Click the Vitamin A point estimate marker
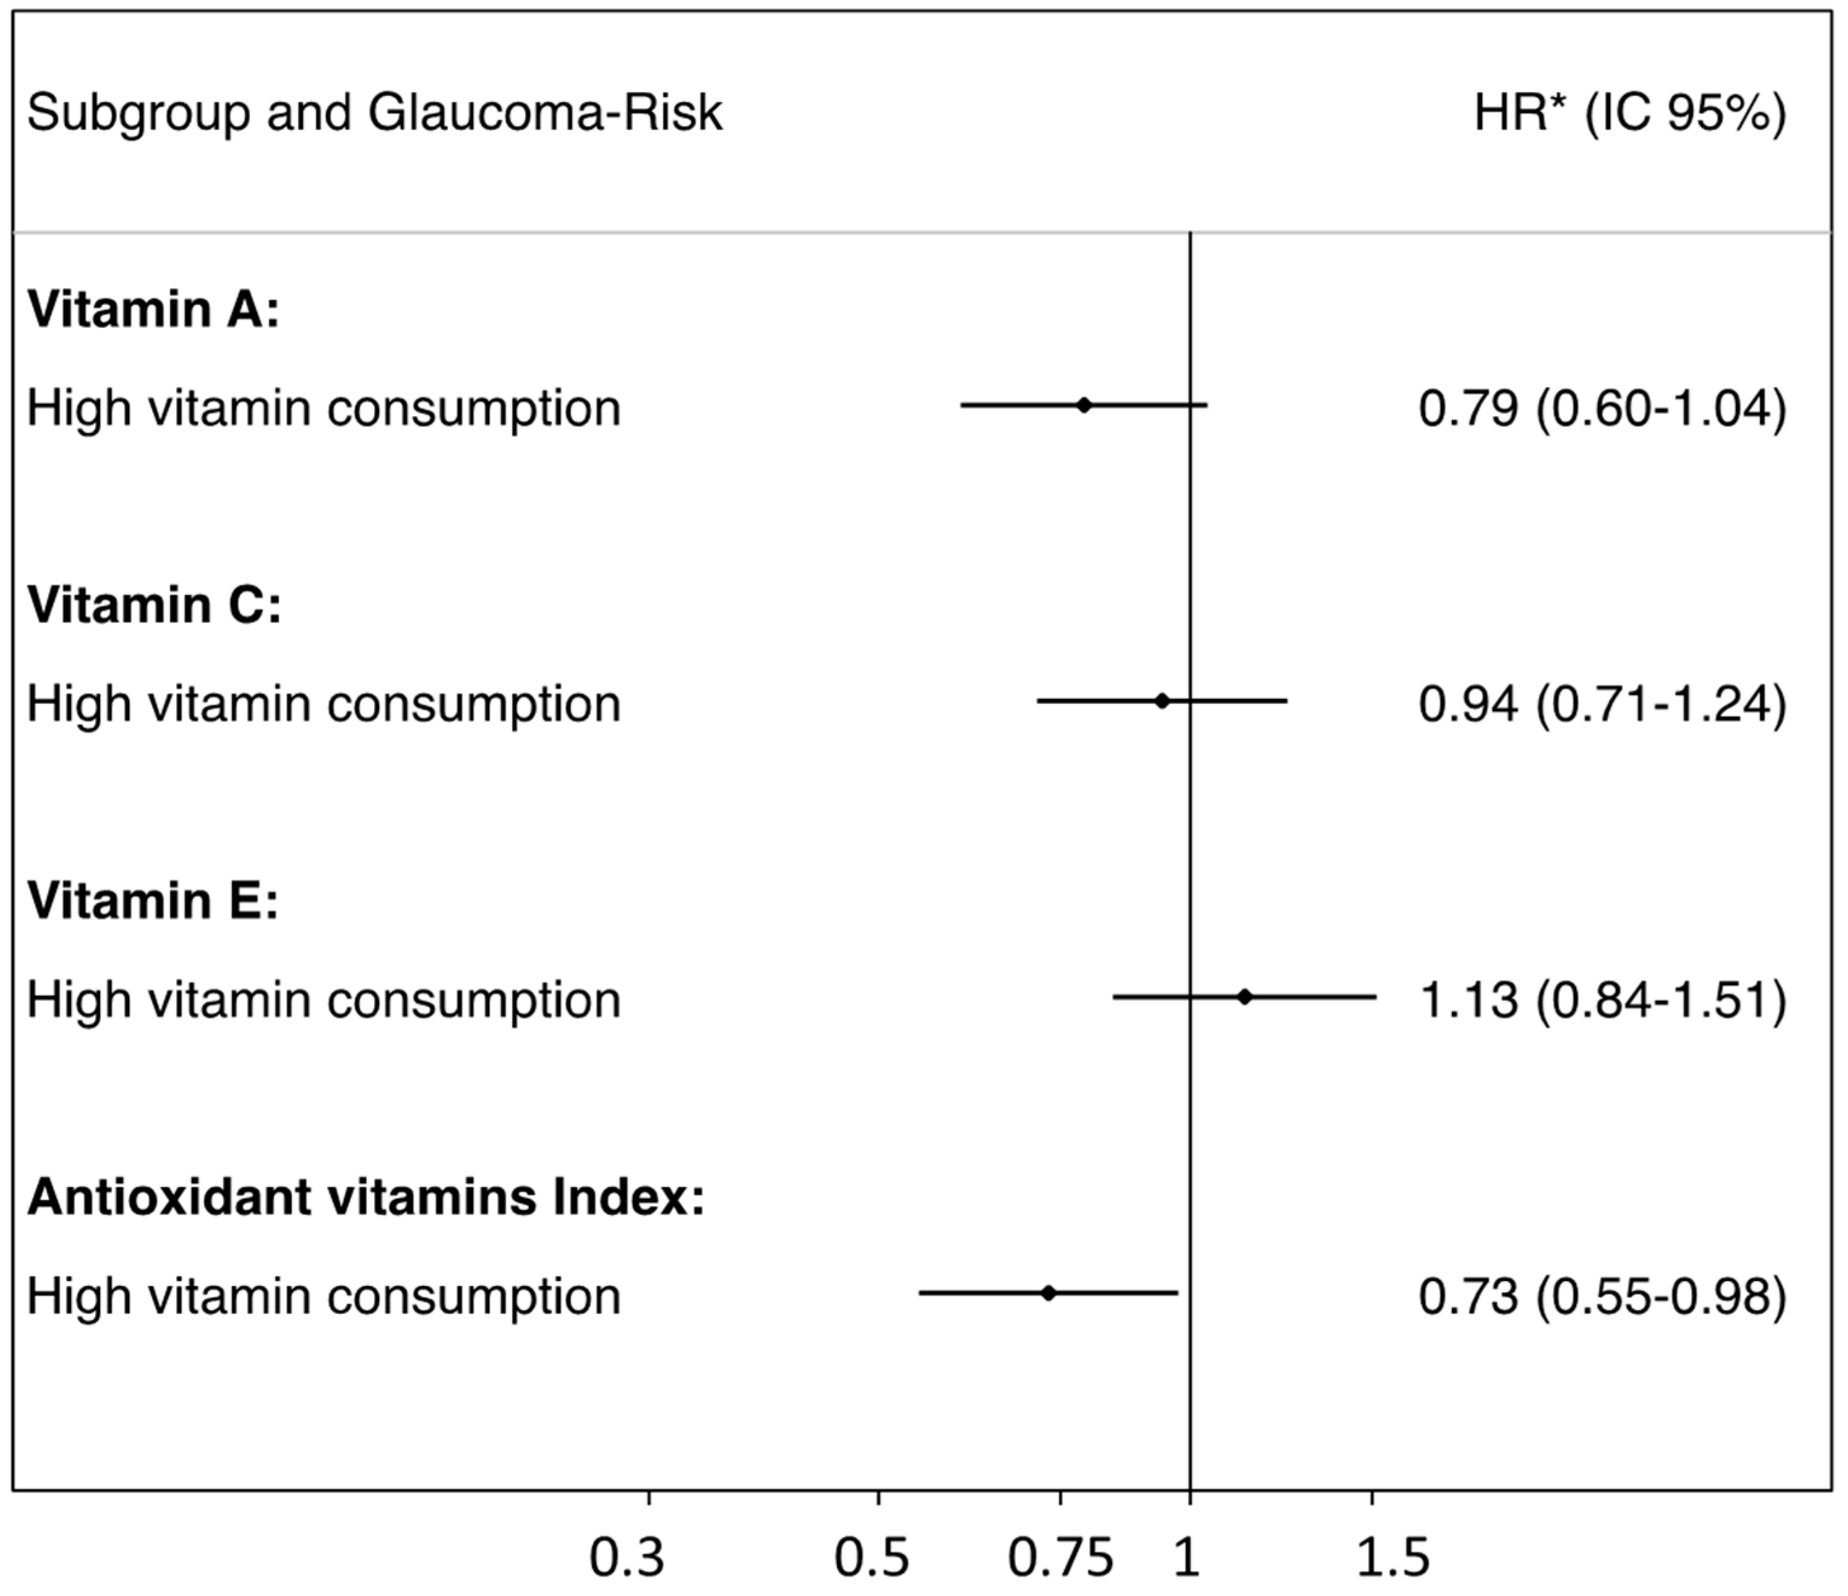point(1083,405)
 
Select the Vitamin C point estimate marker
point(1161,701)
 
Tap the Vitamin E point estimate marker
point(1244,997)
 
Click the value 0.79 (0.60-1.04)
point(1602,408)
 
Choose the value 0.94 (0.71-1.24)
point(1602,704)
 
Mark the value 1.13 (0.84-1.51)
point(1602,1000)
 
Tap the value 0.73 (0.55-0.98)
point(1602,1296)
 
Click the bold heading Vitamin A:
point(153,309)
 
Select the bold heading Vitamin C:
point(154,605)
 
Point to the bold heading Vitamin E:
point(153,901)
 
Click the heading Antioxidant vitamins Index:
point(366,1197)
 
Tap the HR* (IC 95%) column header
point(1629,113)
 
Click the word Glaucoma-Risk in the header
point(544,113)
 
